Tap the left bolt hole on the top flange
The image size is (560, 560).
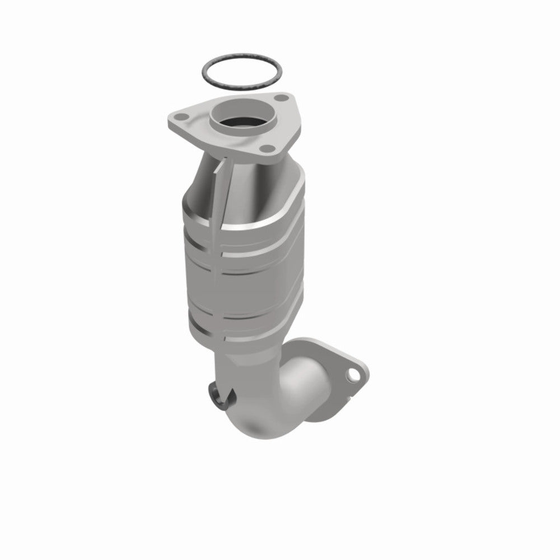point(180,118)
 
